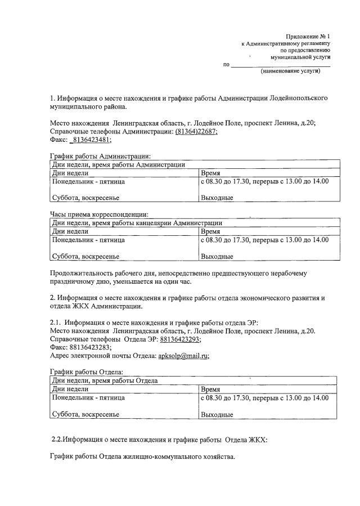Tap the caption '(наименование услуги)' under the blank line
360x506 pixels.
coord(290,71)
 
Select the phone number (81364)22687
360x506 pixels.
coord(196,131)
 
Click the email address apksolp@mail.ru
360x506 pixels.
coord(175,356)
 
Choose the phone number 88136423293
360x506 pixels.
coord(180,339)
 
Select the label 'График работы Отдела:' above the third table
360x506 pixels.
coord(87,372)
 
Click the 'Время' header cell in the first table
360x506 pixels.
coord(210,173)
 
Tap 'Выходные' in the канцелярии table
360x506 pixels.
coord(217,257)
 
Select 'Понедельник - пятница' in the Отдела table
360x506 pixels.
coord(88,397)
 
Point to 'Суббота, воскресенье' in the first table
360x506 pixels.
coord(85,198)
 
